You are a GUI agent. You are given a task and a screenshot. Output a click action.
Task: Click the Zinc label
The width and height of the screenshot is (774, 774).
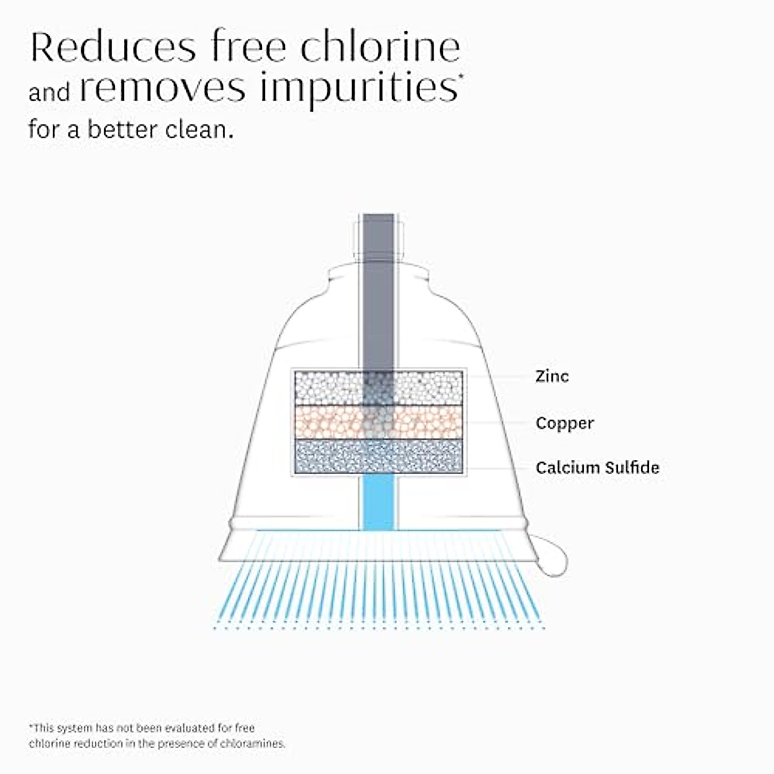coord(552,376)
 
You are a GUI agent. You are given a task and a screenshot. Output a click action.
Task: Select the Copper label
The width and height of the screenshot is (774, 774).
coord(564,423)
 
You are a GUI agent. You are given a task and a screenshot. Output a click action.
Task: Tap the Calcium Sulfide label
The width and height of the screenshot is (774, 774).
coord(597,468)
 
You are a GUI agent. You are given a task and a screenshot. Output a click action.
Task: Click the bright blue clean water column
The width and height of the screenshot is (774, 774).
coord(378,503)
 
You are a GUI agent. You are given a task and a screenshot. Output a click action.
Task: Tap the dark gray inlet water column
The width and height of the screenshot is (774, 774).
coord(378,290)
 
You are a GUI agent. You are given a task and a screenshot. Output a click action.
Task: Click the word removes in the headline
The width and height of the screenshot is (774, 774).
coord(162,89)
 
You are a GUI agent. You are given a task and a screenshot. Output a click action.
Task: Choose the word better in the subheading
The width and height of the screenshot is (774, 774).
coord(123,130)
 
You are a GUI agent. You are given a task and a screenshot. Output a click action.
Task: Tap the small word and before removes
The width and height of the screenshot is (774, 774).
coord(49,92)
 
